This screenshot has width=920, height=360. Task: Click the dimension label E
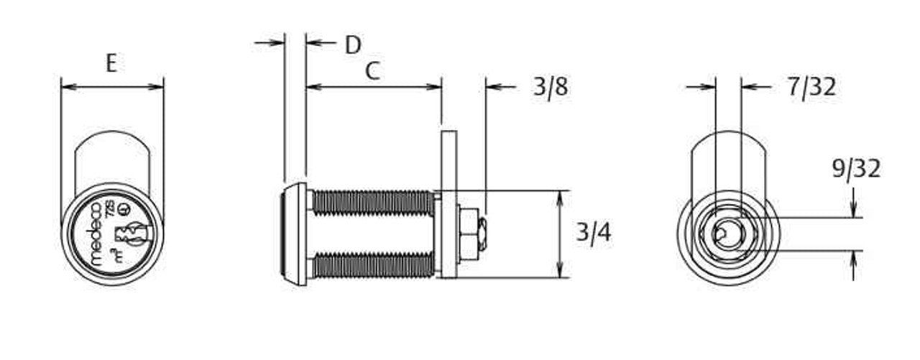tap(111, 63)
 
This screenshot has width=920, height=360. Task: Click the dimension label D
tap(352, 45)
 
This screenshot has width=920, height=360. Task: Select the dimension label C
tap(372, 71)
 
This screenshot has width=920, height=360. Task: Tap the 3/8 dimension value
tap(551, 87)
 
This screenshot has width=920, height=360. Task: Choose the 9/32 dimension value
tap(855, 169)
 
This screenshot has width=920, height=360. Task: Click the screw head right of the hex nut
tap(485, 234)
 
